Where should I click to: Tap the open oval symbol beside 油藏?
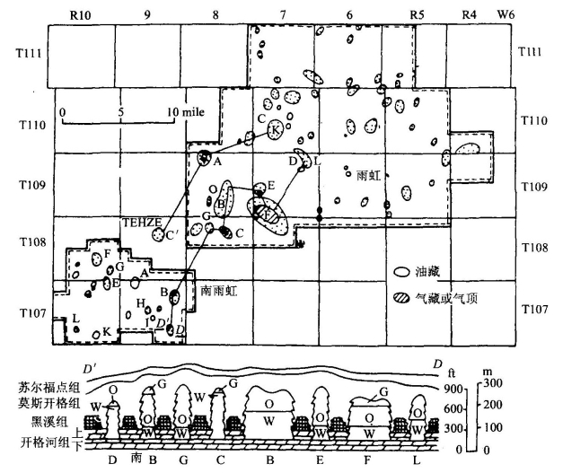click(x=403, y=270)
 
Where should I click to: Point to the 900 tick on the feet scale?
click(x=451, y=388)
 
